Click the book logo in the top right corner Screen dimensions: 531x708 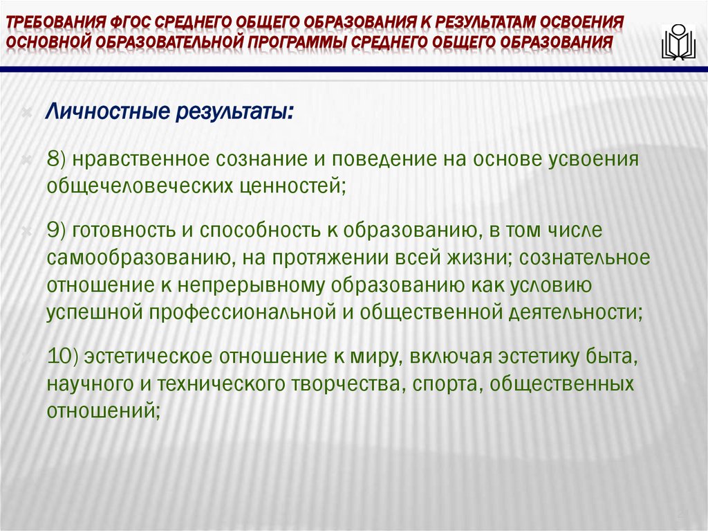pyautogui.click(x=678, y=43)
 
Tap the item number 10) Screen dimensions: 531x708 pyautogui.click(x=66, y=357)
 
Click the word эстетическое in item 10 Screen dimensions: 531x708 pyautogui.click(x=149, y=357)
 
